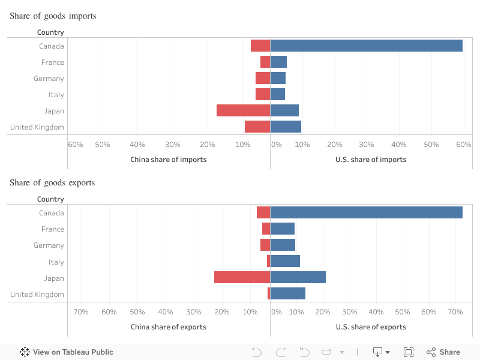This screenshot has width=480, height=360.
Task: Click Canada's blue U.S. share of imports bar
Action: coord(366,46)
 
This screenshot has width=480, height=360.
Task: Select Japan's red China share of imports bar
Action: coord(243,110)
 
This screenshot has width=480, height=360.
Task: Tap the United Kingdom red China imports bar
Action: coord(257,127)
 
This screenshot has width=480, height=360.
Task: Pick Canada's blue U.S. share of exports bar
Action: coord(366,212)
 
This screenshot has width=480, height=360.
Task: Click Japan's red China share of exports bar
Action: coord(242,277)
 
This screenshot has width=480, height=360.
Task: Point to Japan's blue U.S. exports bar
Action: coord(298,277)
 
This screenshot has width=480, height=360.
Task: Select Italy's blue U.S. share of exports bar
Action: coord(285,261)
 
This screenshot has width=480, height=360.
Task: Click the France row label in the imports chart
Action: coord(53,62)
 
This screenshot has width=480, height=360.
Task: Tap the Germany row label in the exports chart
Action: coord(49,245)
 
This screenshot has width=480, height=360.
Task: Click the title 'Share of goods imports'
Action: coord(53,16)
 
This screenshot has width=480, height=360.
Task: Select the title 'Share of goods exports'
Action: coord(52,182)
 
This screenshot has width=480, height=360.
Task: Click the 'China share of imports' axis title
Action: coord(169,160)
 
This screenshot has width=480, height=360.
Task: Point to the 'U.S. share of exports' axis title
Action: coord(371,327)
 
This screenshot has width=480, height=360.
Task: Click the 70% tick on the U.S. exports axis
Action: coord(455,312)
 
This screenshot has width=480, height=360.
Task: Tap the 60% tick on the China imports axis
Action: coord(76,145)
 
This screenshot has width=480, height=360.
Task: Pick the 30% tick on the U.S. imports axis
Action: coord(367,145)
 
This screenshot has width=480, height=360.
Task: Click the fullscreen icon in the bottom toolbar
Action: coord(409,352)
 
